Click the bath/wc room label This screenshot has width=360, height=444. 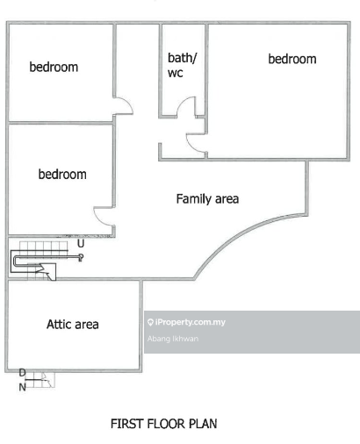[182, 65]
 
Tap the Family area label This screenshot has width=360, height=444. [207, 199]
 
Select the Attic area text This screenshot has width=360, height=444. [73, 325]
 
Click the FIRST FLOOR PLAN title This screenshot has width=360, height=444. [164, 424]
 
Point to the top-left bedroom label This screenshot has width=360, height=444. [54, 67]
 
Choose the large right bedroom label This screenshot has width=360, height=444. [292, 59]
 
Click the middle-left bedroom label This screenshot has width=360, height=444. [62, 174]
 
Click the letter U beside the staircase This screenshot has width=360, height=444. [81, 243]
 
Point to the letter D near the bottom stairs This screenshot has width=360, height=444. [22, 373]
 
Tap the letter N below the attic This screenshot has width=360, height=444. [23, 387]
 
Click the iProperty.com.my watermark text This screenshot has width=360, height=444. [191, 322]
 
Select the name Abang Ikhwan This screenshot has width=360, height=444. [173, 339]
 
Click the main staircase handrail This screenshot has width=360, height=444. [44, 257]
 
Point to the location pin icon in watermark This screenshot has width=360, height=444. [150, 322]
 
